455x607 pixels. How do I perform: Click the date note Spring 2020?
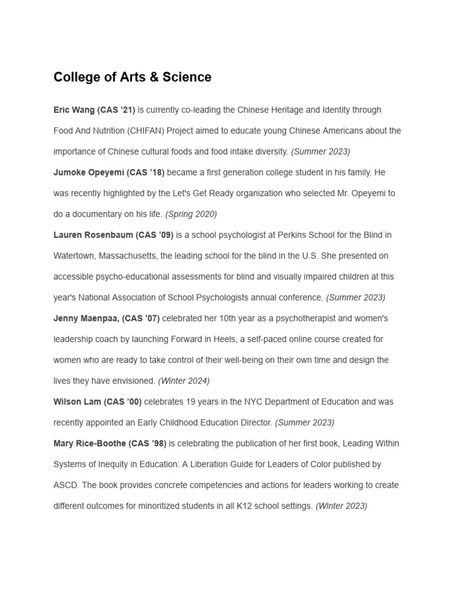point(191,214)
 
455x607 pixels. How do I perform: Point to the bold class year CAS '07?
point(140,318)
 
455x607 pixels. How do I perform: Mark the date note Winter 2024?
point(184,381)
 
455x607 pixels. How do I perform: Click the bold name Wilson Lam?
point(77,401)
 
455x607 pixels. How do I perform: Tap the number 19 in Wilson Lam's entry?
point(192,401)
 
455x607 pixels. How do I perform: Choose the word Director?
point(255,423)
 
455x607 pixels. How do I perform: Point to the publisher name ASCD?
point(65,485)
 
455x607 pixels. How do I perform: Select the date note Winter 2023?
point(341,506)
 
